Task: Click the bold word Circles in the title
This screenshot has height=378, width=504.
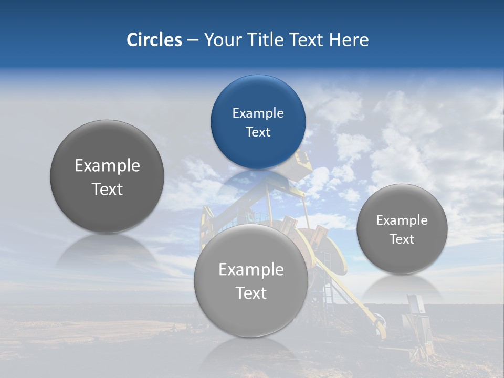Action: [154, 40]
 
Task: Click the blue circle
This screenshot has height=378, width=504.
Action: [258, 122]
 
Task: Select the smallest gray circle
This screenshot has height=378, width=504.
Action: [402, 229]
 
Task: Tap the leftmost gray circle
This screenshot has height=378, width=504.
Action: [107, 176]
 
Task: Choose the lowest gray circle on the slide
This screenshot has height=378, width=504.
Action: [251, 281]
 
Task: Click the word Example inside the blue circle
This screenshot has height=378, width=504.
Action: [258, 113]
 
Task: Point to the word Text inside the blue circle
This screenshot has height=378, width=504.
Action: [258, 132]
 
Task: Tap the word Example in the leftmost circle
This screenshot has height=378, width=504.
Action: [107, 166]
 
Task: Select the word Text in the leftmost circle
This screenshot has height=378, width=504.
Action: [107, 189]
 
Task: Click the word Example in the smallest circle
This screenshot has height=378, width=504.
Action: [402, 220]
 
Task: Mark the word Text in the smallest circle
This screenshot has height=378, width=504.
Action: [402, 239]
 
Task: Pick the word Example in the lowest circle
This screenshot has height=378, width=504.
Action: [251, 270]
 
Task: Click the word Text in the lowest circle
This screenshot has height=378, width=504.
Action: [251, 293]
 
